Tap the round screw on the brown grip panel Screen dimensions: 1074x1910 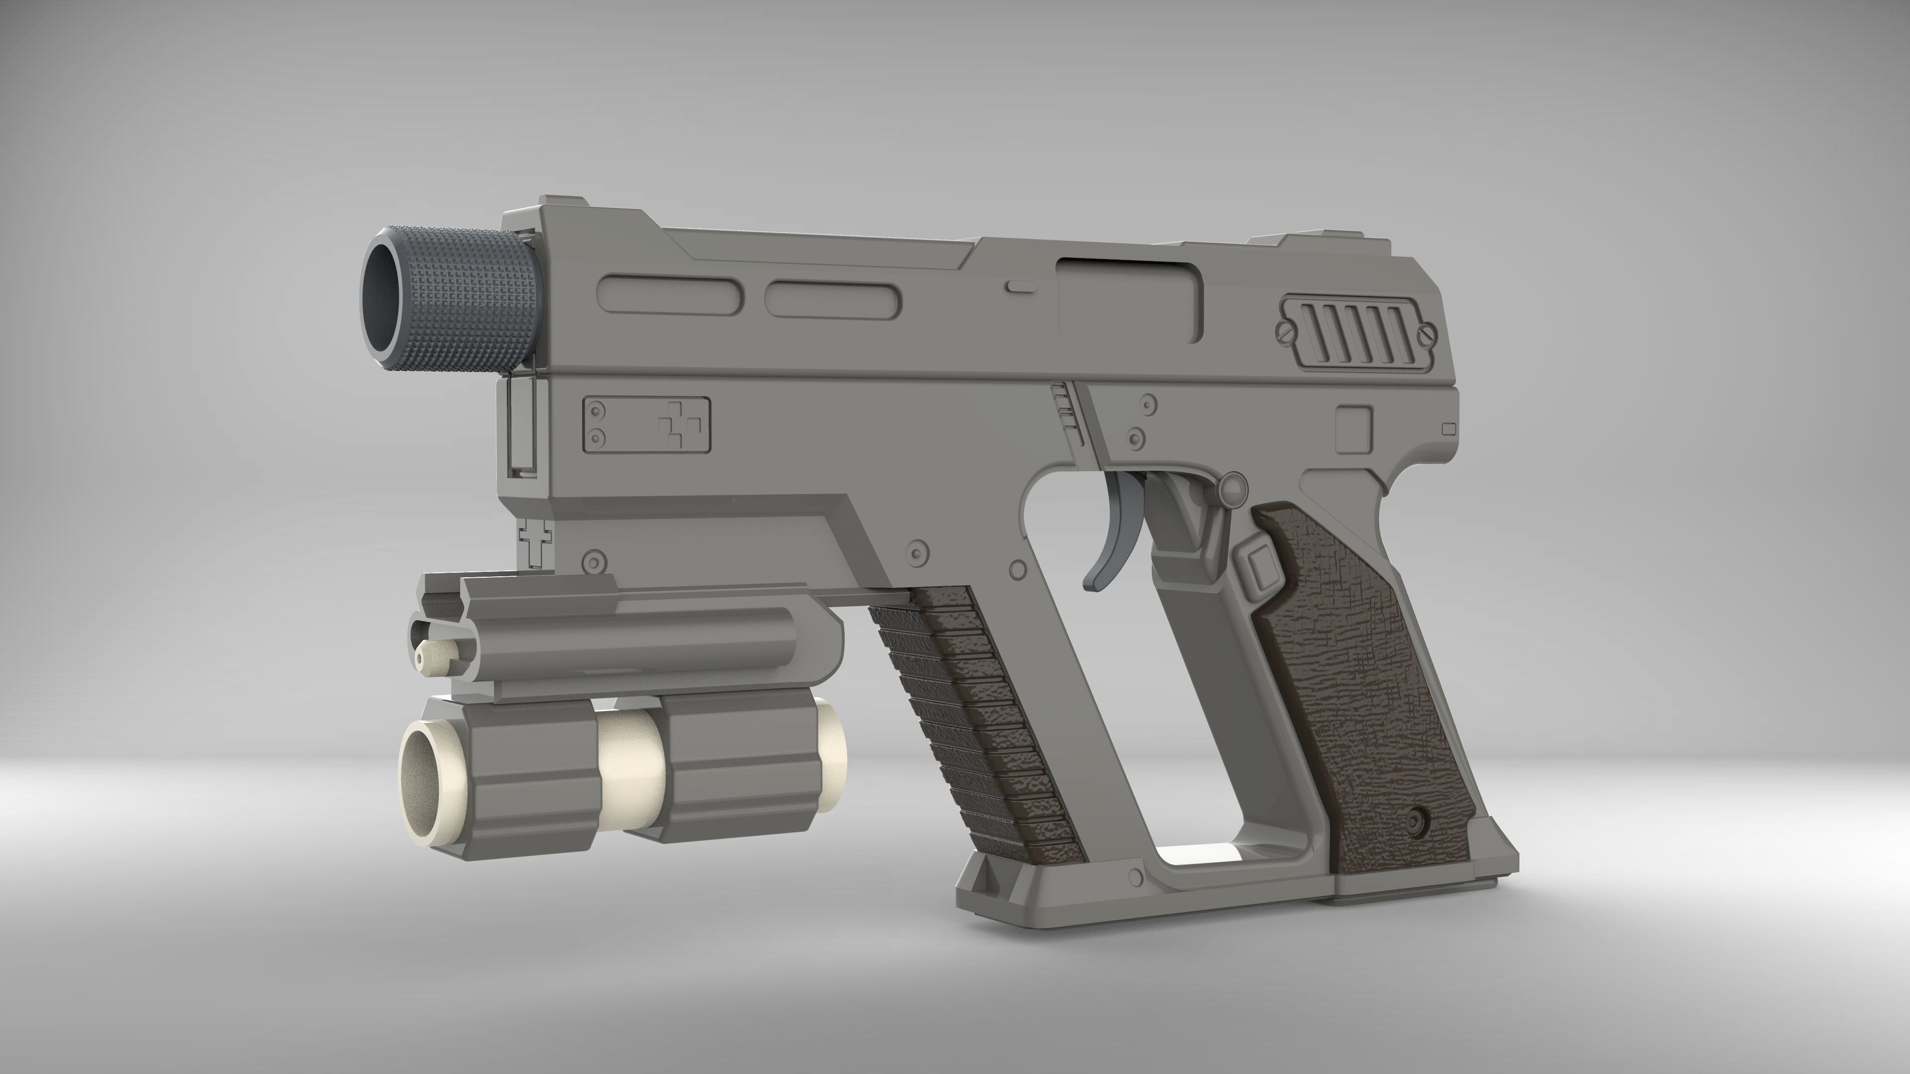pos(1417,820)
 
